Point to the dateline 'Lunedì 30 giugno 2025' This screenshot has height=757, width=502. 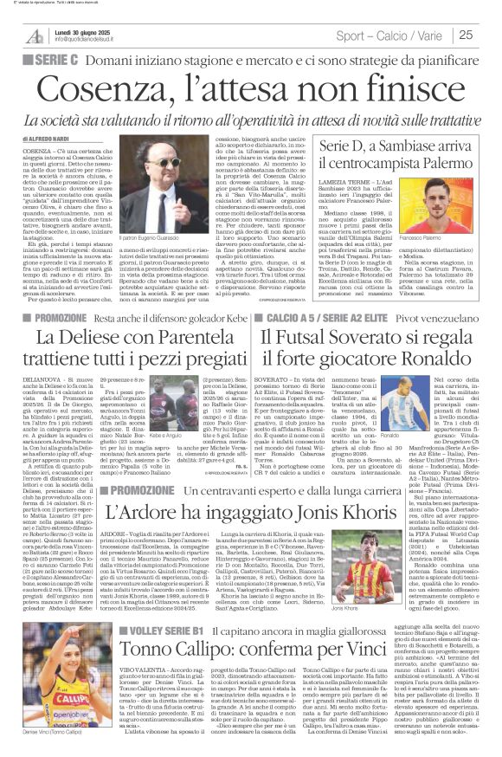coord(87,29)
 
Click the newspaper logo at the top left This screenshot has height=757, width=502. coord(35,36)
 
